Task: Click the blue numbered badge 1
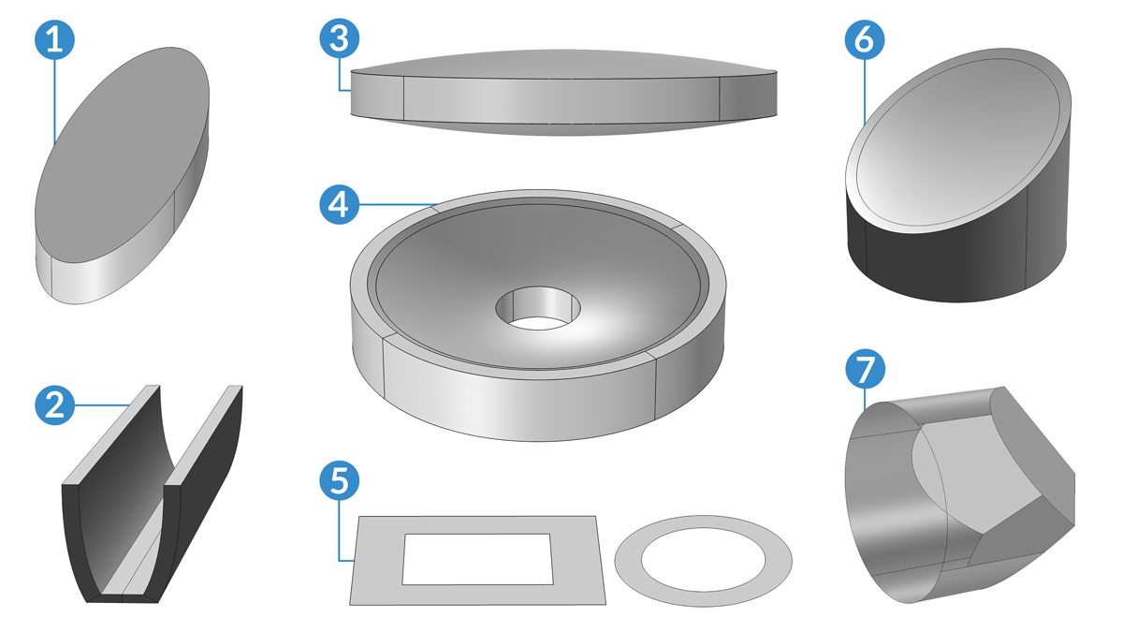(54, 40)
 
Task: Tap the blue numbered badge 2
(54, 405)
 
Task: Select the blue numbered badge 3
(340, 38)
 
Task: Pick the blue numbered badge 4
(340, 205)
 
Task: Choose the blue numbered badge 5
(340, 480)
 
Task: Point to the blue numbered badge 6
(865, 40)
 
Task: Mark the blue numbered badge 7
(866, 369)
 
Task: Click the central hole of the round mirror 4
(538, 308)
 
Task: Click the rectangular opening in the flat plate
(478, 559)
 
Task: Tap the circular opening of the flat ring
(704, 560)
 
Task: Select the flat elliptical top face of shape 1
(122, 155)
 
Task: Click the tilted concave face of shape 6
(958, 142)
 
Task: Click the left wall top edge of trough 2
(111, 435)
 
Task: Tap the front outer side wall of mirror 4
(518, 399)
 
